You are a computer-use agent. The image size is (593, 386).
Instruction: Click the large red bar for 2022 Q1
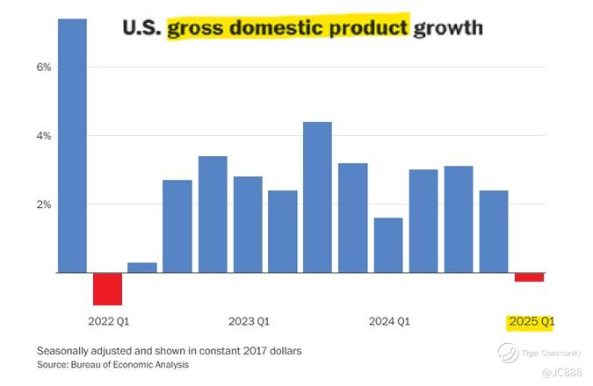click(x=108, y=289)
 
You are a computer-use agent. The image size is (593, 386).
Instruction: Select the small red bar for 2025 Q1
click(x=529, y=277)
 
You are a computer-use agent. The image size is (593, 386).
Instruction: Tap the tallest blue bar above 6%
click(x=72, y=146)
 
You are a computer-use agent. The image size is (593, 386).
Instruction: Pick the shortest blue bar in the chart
click(x=142, y=268)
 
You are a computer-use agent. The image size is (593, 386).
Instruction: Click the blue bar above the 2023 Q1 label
click(x=248, y=225)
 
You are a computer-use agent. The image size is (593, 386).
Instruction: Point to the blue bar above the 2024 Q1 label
click(x=388, y=246)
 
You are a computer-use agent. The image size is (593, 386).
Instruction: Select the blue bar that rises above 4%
click(x=317, y=197)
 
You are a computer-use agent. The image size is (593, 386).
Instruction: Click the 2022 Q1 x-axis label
click(x=108, y=321)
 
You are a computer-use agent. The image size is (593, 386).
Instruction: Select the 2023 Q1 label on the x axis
click(x=249, y=321)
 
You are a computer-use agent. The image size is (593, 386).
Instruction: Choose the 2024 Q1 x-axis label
click(x=389, y=321)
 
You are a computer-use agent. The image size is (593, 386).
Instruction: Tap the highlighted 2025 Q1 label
click(x=531, y=322)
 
